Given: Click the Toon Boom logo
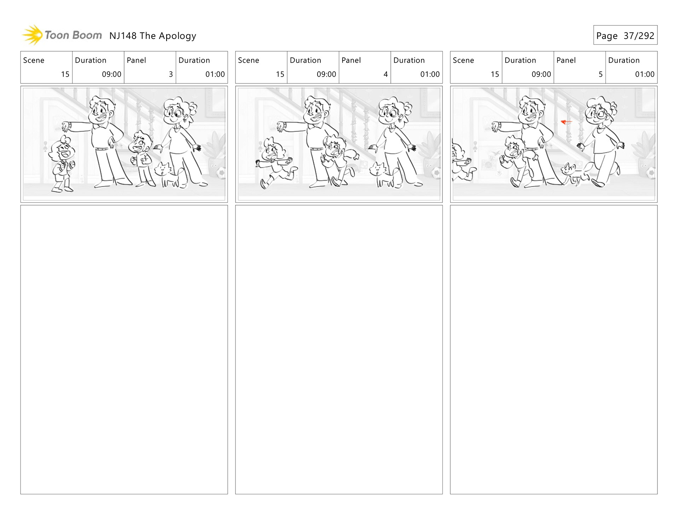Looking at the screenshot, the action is click(62, 35).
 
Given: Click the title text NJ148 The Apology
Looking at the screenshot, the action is click(153, 36).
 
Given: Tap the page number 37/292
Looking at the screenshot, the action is click(639, 36).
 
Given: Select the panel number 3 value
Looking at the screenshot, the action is click(171, 74).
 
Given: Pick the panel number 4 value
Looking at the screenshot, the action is click(385, 74).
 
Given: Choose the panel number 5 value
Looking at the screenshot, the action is click(600, 74).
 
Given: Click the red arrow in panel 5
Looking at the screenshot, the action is click(566, 122).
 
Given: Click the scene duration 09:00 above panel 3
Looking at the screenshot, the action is click(112, 74).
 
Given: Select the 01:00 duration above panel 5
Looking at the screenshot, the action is click(645, 74).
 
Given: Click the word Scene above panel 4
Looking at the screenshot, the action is click(249, 60).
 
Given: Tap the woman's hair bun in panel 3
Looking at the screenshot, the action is click(193, 107).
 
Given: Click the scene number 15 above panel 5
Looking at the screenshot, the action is click(495, 74).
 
